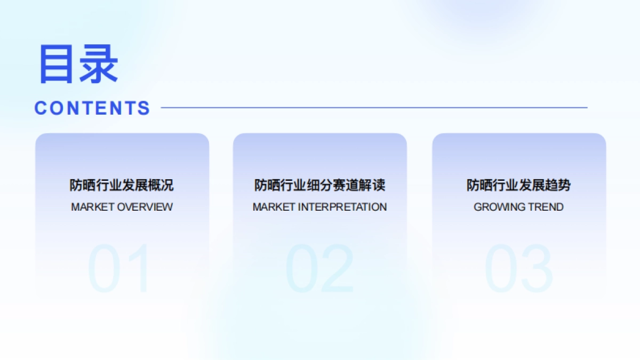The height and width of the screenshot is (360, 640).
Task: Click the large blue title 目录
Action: click(x=78, y=64)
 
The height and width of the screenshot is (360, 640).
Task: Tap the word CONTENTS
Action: click(x=92, y=108)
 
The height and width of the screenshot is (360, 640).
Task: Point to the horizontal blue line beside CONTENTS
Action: click(x=373, y=108)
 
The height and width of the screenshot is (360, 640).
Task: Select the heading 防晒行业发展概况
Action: click(x=122, y=186)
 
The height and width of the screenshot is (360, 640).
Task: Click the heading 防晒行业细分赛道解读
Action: click(x=319, y=186)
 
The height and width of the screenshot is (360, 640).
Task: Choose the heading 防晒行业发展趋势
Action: click(x=518, y=186)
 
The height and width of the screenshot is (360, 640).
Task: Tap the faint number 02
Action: click(x=319, y=269)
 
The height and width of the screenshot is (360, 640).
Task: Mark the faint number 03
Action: click(x=518, y=269)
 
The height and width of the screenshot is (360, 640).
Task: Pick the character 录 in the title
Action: click(x=99, y=64)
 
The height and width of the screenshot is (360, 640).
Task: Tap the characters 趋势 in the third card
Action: click(x=558, y=186)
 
